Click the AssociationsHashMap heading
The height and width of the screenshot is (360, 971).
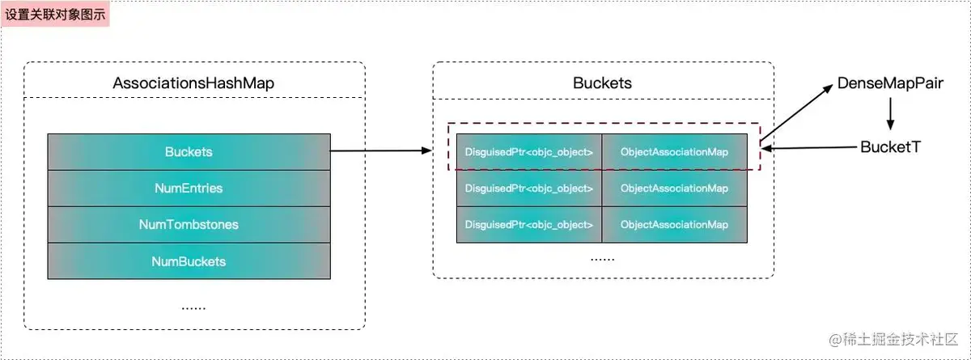193,83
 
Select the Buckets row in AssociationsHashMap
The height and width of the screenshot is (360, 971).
188,151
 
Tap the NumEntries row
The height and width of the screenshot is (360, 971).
188,188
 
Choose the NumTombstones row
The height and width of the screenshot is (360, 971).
188,225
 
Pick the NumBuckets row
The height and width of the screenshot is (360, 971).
188,261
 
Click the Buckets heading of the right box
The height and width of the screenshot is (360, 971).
602,83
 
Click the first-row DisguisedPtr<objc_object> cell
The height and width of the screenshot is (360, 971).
529,151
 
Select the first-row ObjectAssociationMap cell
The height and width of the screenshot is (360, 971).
674,151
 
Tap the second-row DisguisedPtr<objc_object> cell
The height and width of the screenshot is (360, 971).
529,188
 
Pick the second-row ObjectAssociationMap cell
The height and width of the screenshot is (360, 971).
674,188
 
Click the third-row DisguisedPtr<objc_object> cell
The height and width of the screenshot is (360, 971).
529,224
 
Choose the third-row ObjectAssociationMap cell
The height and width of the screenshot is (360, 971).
674,224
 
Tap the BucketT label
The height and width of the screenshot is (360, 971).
890,147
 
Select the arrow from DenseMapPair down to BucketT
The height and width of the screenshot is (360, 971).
890,114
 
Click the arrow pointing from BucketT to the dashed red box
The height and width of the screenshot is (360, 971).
809,148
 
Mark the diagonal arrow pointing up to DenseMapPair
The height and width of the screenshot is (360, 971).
797,113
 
